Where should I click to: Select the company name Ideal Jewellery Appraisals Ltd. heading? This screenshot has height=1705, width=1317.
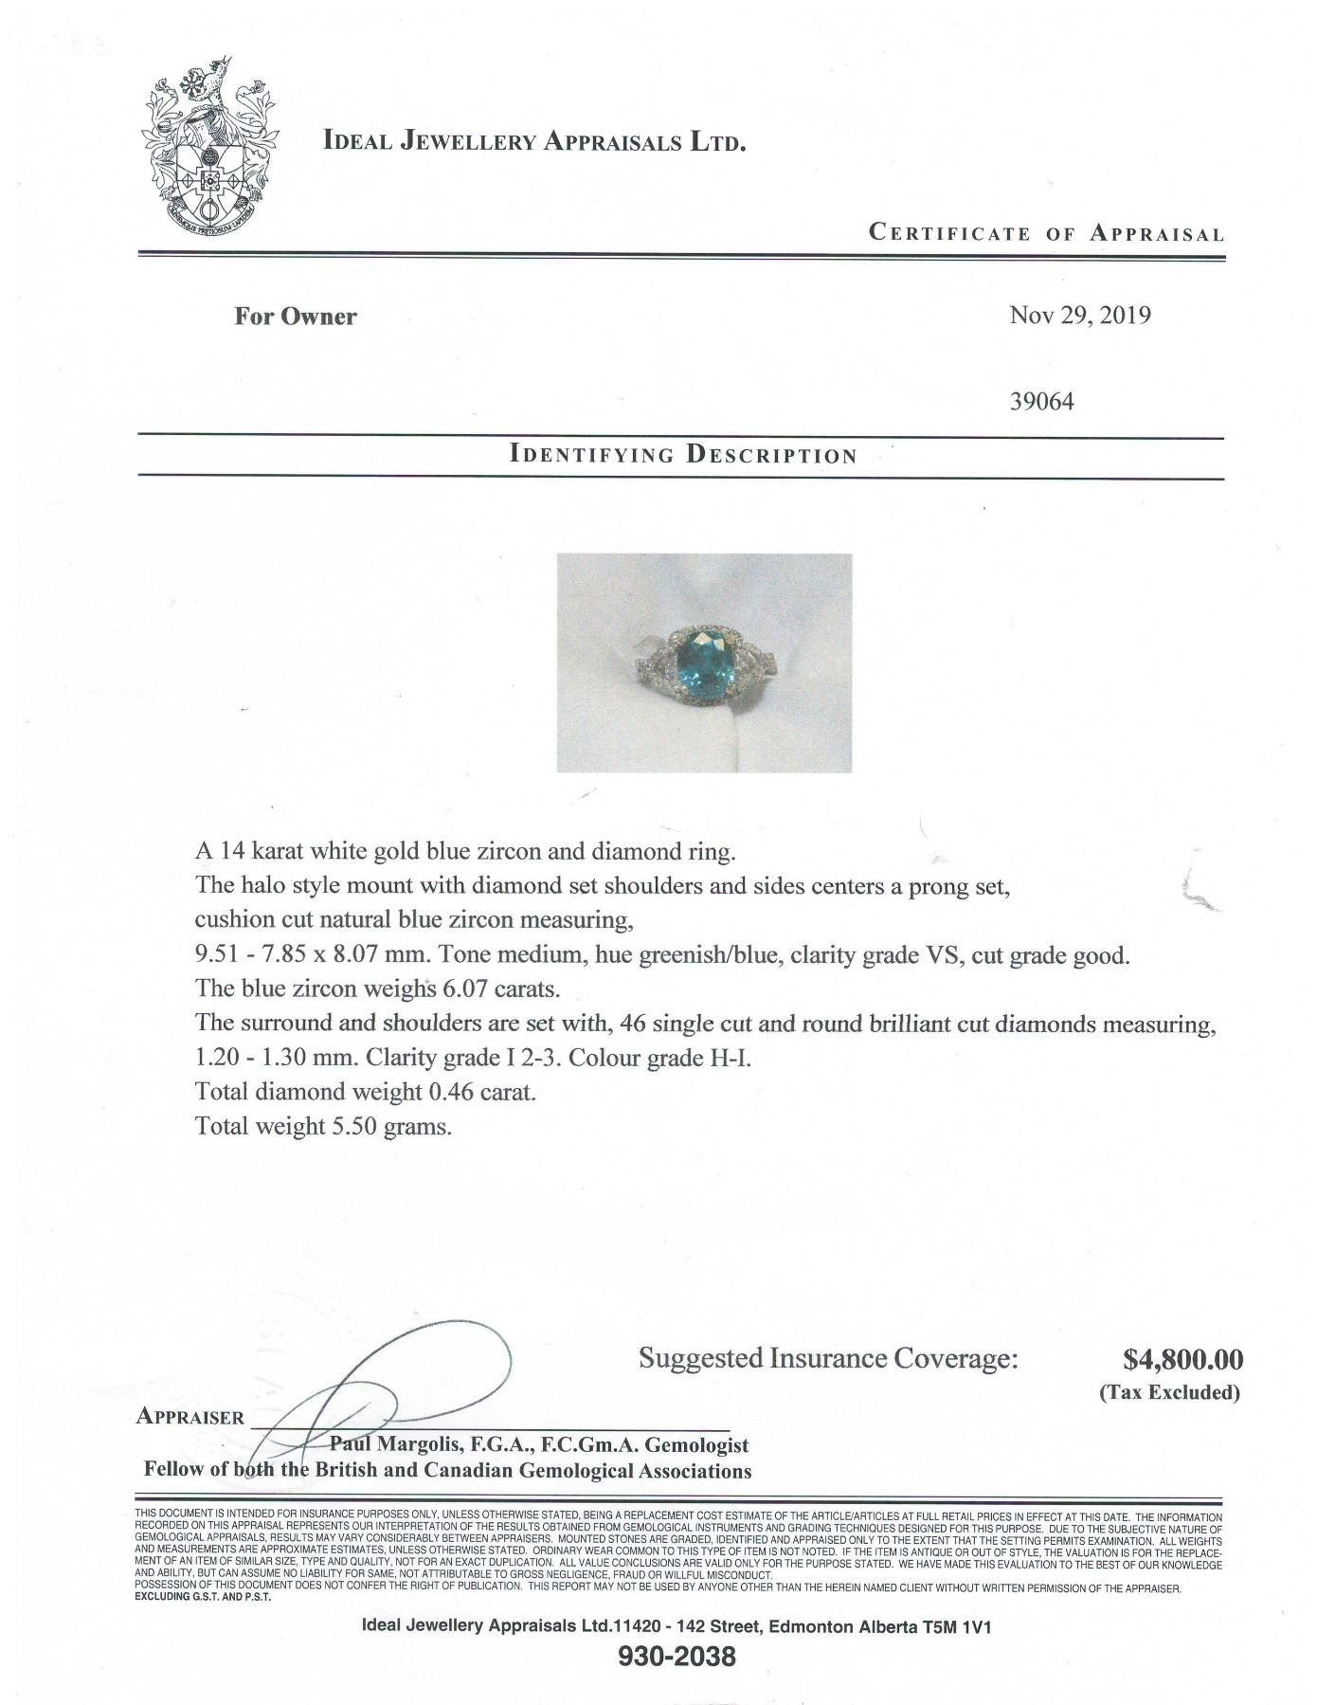(x=535, y=142)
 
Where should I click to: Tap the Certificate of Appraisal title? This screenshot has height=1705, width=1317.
(x=1046, y=233)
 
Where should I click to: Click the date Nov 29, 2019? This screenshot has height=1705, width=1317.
(x=1079, y=316)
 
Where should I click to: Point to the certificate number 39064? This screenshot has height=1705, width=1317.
(x=1043, y=402)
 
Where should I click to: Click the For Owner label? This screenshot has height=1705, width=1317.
(x=296, y=317)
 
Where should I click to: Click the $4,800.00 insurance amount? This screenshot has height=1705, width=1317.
(x=1182, y=1360)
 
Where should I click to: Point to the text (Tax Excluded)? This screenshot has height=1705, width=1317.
(x=1169, y=1392)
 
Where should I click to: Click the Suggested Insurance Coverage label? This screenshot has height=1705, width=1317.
(x=828, y=1358)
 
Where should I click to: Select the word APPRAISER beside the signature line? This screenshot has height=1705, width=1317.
(x=190, y=1417)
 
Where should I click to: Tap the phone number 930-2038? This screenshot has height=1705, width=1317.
(x=677, y=1658)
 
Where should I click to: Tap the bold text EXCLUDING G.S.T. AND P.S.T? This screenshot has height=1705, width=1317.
(x=204, y=1596)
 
